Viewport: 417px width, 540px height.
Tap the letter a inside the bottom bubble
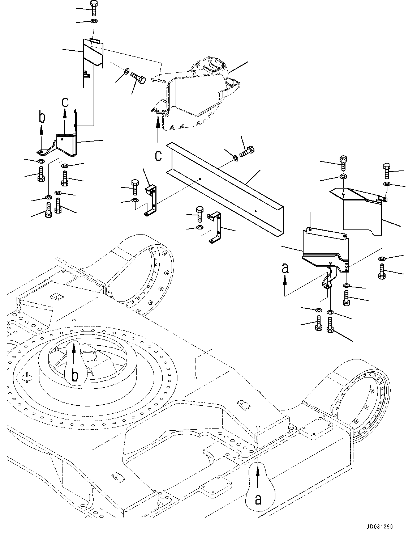258,499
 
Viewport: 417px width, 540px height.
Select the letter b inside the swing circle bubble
75,375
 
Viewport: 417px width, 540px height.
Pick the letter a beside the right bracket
285,268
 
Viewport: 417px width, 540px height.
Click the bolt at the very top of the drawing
94,8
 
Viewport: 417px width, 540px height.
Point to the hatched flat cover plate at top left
93,54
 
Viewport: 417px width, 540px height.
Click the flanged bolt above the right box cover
344,163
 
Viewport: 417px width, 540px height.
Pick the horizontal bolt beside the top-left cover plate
137,77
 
